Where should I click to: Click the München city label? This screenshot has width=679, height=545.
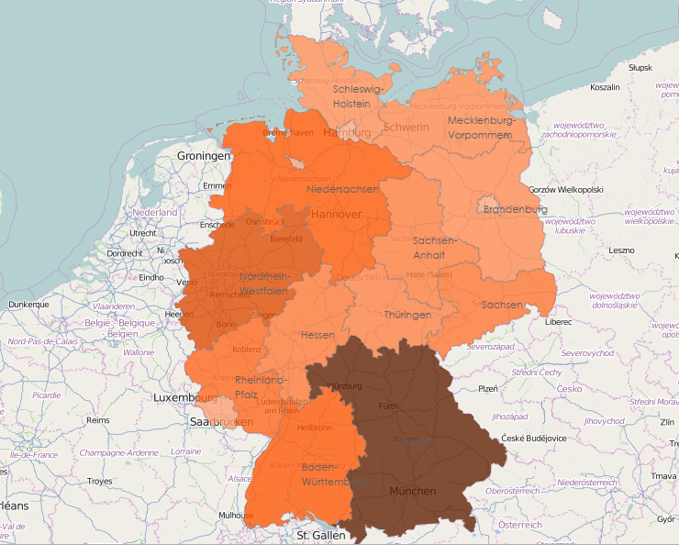click(x=412, y=492)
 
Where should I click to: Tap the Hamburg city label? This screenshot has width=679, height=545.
click(x=347, y=133)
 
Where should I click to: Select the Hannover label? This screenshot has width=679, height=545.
click(x=337, y=214)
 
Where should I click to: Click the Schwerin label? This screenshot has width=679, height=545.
click(x=406, y=128)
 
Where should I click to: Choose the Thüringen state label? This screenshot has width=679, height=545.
click(x=408, y=315)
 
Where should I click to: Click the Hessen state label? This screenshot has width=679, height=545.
click(x=317, y=335)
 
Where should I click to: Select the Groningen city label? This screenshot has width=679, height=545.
click(x=204, y=156)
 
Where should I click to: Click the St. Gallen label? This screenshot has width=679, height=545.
click(x=319, y=534)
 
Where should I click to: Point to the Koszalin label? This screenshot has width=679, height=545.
click(x=605, y=88)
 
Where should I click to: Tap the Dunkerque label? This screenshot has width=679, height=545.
click(x=28, y=304)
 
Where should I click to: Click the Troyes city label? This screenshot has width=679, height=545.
click(x=99, y=481)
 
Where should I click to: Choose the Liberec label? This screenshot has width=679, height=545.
click(x=557, y=322)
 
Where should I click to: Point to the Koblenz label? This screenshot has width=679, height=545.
click(x=247, y=350)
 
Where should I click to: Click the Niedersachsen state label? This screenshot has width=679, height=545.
click(x=343, y=188)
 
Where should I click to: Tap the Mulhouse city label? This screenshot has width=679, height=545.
click(x=236, y=515)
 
